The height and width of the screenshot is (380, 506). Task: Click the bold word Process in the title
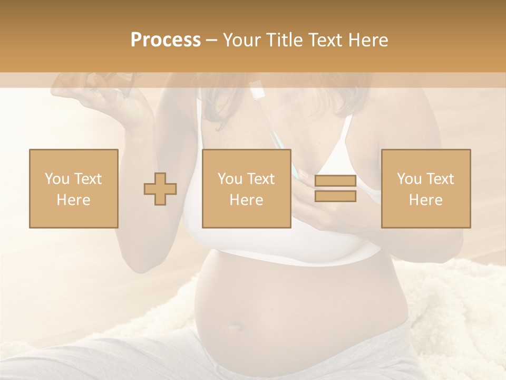166,40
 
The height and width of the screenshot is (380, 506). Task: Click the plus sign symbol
160,189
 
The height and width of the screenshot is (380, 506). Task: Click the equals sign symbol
335,189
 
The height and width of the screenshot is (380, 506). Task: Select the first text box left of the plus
74,188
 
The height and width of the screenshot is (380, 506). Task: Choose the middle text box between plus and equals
247,188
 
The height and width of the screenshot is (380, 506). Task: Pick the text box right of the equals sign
426,188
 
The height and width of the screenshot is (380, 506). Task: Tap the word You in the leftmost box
56,178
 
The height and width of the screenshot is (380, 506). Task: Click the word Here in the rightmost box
426,199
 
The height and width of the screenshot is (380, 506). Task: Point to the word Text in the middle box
261,178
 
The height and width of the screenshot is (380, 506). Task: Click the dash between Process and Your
212,41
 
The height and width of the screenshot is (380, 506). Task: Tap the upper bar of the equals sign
335,181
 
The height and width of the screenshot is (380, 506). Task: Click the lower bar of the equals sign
335,196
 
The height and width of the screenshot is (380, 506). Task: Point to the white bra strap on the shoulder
345,132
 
